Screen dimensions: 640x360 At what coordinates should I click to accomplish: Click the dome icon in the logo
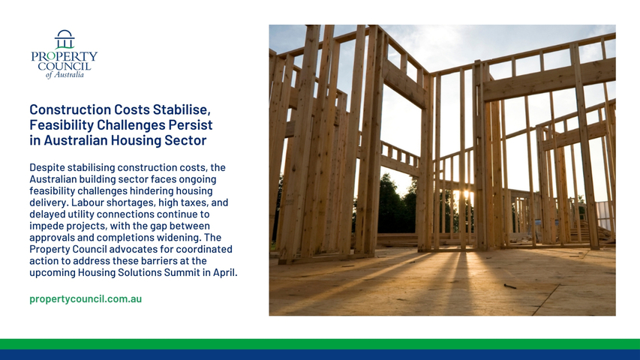[x=65, y=39]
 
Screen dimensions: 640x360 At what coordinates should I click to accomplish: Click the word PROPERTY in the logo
[x=65, y=56]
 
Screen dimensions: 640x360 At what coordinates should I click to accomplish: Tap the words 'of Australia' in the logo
[x=65, y=75]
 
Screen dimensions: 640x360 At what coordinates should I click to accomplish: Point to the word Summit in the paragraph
[x=182, y=273]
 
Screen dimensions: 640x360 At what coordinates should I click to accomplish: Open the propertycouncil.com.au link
[x=86, y=298]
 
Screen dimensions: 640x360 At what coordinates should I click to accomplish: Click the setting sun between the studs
[x=467, y=194]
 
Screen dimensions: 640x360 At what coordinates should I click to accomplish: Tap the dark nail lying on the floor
[x=509, y=286]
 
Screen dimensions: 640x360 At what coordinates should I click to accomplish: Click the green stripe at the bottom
[x=320, y=343]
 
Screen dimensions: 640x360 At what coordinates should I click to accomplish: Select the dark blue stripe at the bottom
[x=320, y=355]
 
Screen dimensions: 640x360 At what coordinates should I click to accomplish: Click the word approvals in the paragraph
[x=49, y=238]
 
